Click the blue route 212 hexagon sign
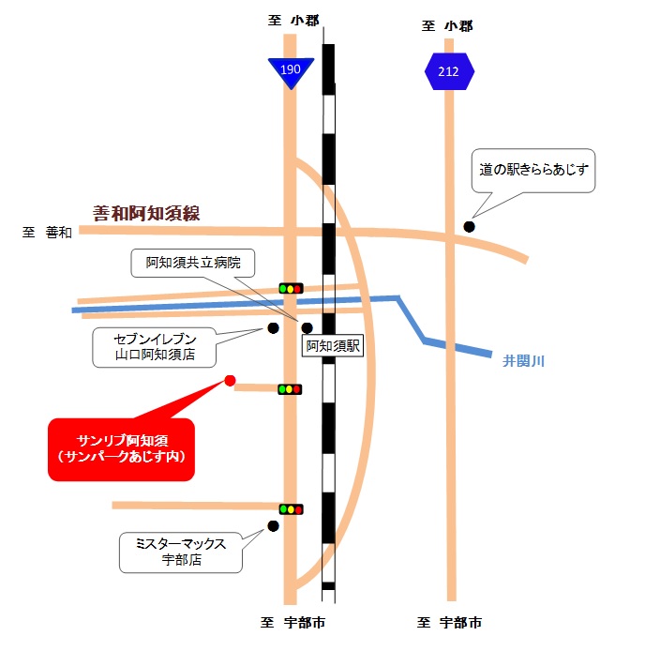(x=449, y=71)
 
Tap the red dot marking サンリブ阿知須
(x=230, y=381)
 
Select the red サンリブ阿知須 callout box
(x=121, y=449)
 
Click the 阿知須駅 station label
(x=333, y=346)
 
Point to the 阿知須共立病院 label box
(x=193, y=263)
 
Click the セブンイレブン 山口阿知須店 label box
(x=154, y=347)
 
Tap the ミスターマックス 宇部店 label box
(x=181, y=553)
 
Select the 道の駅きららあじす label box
(x=533, y=170)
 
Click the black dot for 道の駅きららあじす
(x=470, y=227)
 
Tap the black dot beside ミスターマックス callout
(x=273, y=525)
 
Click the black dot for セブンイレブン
(x=273, y=328)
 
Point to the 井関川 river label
(x=524, y=361)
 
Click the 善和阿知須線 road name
(x=146, y=213)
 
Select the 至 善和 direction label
(x=47, y=232)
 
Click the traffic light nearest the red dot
(x=290, y=389)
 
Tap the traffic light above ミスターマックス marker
(x=291, y=509)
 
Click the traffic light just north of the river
(x=291, y=288)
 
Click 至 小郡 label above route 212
(x=447, y=26)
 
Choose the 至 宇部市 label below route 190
(x=292, y=622)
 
